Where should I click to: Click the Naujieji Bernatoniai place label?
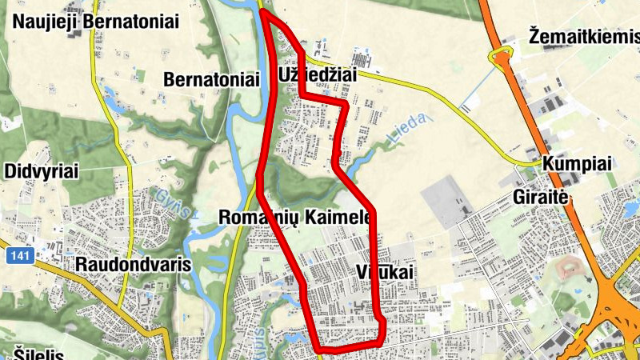pos(95,21)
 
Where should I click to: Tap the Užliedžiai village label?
pos(317,74)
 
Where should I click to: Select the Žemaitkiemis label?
pos(584,36)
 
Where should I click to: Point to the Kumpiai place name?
pos(577,164)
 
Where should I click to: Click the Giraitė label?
pos(544,196)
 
